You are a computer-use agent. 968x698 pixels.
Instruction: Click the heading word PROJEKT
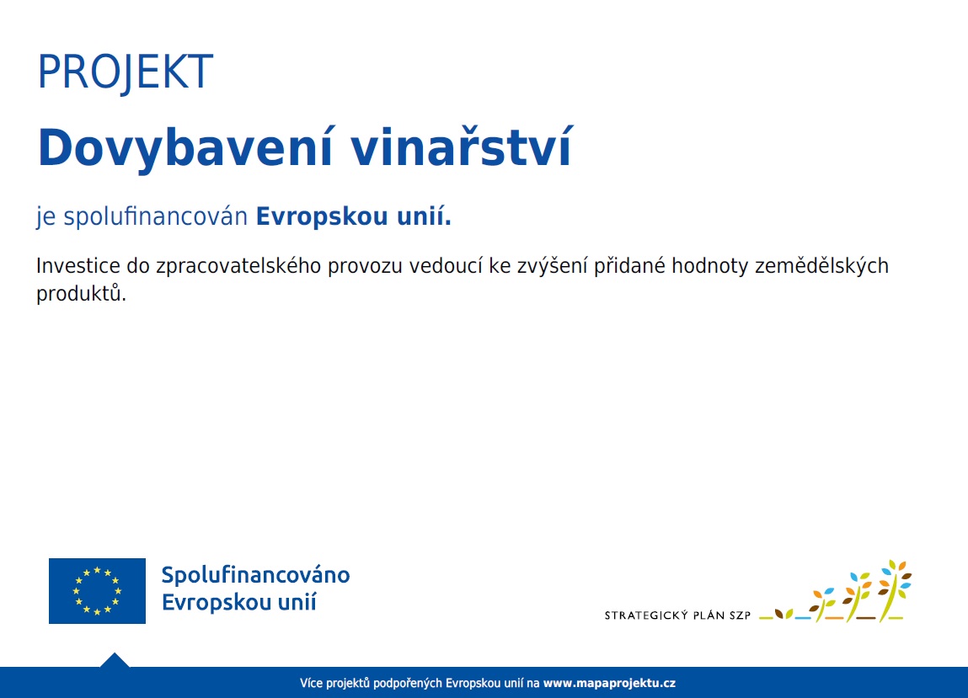click(x=126, y=72)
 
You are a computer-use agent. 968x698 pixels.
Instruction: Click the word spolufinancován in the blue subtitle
click(x=156, y=217)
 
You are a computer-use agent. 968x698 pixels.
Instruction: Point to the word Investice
click(x=78, y=266)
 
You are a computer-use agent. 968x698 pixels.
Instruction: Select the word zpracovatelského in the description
click(x=238, y=267)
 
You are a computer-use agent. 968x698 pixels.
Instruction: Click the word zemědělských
click(x=821, y=266)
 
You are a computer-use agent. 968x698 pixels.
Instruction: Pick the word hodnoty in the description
click(x=710, y=266)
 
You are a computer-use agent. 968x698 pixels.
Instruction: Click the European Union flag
click(x=97, y=590)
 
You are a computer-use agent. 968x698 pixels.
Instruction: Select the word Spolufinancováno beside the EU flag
click(x=255, y=575)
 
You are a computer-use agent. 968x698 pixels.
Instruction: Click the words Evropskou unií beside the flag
click(x=239, y=602)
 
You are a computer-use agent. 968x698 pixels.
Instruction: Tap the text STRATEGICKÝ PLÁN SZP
click(x=677, y=615)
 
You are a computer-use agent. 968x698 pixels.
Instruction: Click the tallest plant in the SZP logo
click(x=895, y=590)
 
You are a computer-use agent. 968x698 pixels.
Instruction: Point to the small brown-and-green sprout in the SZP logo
click(x=783, y=614)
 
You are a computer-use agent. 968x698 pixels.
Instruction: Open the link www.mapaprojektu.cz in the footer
click(x=609, y=683)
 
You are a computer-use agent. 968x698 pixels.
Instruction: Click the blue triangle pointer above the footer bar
click(x=115, y=660)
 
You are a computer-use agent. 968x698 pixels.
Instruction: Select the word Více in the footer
click(x=311, y=683)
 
